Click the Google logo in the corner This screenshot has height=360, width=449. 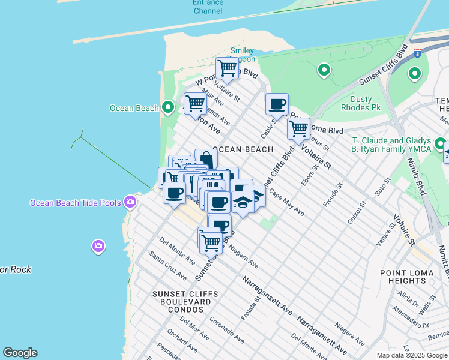tap(20, 353)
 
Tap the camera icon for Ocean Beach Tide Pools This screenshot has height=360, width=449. tap(130, 202)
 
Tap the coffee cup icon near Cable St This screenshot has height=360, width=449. tap(277, 104)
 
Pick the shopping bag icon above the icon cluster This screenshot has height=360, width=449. tap(206, 160)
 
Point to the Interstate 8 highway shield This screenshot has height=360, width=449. tap(417, 54)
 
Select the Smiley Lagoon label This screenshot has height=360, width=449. tap(243, 55)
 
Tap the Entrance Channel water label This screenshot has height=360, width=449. tap(208, 7)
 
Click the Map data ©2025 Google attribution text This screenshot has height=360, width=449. tap(412, 355)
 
